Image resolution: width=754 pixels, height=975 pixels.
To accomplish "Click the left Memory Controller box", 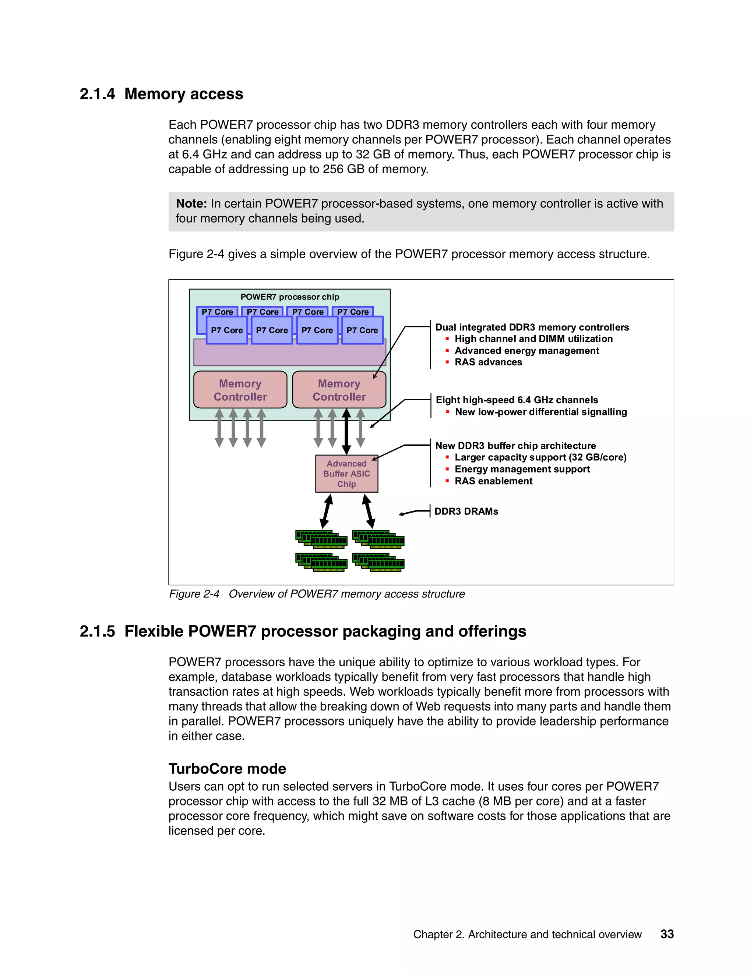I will coord(240,390).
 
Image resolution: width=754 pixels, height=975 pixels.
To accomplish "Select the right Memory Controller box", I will coord(339,390).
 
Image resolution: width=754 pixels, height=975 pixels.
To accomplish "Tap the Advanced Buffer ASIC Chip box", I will coord(346,474).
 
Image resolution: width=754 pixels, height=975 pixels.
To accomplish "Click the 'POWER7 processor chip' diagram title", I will coord(290,297).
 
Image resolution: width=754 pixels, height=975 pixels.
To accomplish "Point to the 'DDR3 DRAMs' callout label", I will coord(466,511).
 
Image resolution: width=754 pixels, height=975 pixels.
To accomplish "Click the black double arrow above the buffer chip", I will coord(346,432).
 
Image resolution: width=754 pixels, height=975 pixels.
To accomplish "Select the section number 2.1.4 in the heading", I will coord(97,94).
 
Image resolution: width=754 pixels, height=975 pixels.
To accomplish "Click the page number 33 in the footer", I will coord(667,934).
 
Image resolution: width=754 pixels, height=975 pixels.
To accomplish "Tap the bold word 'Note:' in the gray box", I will coord(191,203).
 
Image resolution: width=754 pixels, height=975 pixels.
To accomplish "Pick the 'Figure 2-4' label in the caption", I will coord(194,594).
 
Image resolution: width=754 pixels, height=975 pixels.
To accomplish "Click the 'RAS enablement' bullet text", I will coord(494,481).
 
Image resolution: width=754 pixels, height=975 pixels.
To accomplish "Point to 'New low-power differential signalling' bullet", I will coord(541,412).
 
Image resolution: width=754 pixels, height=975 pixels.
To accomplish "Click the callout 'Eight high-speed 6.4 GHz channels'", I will coord(517,400).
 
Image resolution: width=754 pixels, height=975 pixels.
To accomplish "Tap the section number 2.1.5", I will coord(97,632).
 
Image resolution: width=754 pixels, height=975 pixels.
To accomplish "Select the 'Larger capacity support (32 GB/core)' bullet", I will coord(540,457).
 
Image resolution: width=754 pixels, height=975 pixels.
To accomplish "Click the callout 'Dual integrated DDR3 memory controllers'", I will coord(532,327).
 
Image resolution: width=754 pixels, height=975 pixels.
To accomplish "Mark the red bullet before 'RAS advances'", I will coord(447,362).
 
